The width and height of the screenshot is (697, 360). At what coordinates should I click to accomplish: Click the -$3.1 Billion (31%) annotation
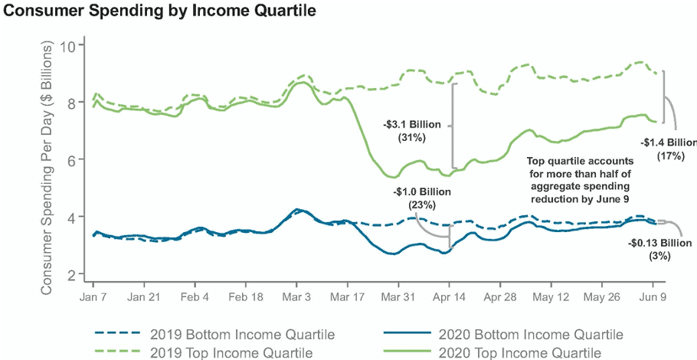point(412,130)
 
